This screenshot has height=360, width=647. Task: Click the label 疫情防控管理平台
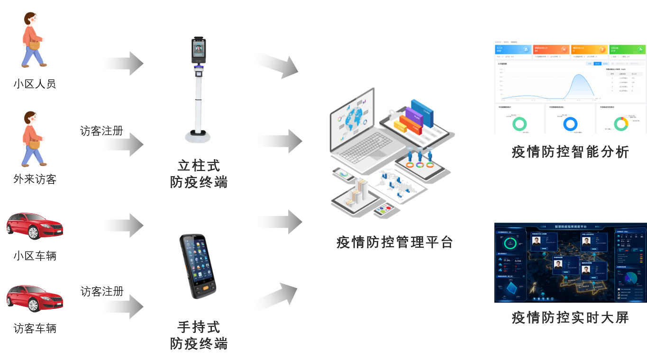[394, 242]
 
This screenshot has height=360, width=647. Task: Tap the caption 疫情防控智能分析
[570, 152]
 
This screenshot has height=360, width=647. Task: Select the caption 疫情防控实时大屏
[570, 317]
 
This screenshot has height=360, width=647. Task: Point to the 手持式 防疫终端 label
[199, 335]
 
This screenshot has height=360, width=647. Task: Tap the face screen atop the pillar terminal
[199, 50]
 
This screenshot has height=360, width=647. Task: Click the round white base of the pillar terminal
[197, 137]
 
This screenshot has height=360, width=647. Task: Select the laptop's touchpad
[378, 154]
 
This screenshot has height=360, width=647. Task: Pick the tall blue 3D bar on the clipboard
[421, 112]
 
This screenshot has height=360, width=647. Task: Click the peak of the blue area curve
[579, 76]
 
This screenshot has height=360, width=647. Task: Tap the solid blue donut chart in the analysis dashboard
[570, 124]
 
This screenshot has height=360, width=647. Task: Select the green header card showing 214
[627, 50]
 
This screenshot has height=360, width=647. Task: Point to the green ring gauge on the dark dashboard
[510, 243]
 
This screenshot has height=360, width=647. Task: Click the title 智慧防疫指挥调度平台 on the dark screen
[570, 226]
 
